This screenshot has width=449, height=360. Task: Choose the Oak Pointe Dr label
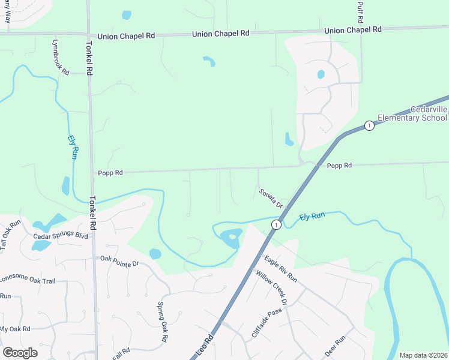[119, 261]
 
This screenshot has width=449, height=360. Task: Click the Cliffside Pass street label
[266, 323]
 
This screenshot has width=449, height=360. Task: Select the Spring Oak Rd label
[163, 322]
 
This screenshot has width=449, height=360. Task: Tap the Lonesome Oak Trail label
[26, 280]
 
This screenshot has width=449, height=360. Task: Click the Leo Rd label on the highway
[205, 348]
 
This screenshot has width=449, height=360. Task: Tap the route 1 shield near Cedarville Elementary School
[369, 125]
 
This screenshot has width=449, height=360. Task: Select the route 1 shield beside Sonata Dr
[276, 224]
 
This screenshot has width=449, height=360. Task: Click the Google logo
[20, 353]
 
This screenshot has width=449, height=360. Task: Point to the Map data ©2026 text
[423, 355]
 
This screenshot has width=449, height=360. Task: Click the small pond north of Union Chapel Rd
[126, 15]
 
